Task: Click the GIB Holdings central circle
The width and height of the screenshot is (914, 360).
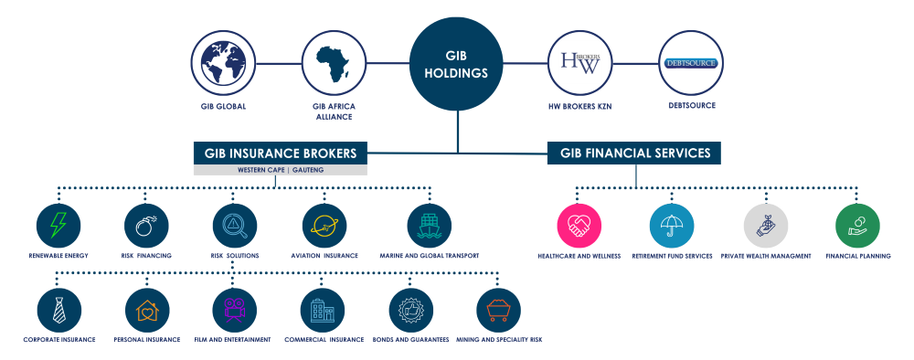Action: point(456,63)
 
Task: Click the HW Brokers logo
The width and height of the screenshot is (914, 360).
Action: point(580,63)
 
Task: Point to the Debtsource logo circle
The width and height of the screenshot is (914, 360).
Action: point(691,63)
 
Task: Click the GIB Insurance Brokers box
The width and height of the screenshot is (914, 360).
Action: point(280,153)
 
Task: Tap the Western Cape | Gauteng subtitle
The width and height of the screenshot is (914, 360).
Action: point(280,170)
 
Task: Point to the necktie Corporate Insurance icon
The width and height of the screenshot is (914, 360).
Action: point(58,311)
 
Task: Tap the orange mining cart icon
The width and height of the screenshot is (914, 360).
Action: point(499,311)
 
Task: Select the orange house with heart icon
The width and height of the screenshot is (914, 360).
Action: point(146,311)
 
